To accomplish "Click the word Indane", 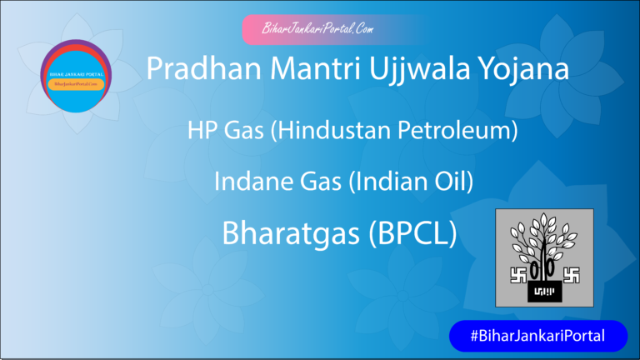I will (248, 182).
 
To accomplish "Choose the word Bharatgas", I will (287, 234).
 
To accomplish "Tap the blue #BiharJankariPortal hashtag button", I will (537, 336).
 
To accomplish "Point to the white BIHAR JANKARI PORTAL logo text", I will (76, 73).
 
